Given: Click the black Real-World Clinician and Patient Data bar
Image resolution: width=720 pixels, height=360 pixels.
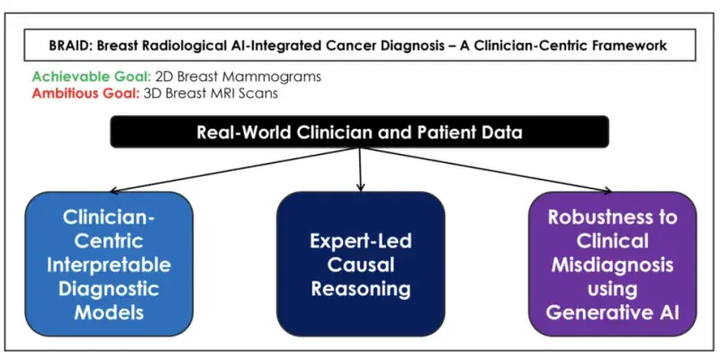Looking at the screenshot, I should pyautogui.click(x=360, y=131).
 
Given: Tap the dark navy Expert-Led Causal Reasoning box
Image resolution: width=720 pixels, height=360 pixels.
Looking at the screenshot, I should pyautogui.click(x=360, y=263).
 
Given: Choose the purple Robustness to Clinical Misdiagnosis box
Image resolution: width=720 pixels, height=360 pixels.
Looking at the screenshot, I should pyautogui.click(x=613, y=263).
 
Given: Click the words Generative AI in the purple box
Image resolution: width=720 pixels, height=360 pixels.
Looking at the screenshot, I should pyautogui.click(x=613, y=312).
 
